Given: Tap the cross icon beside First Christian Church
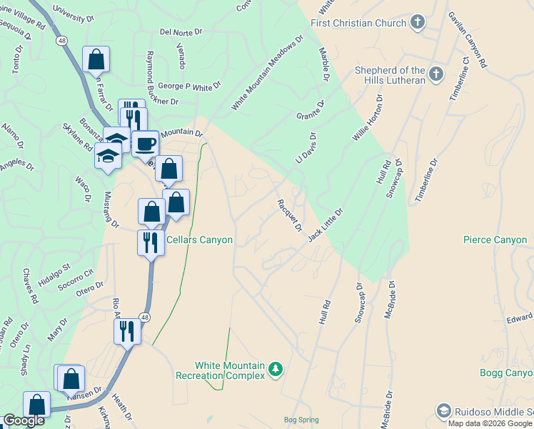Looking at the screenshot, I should point(417,23).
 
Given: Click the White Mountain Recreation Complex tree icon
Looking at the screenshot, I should point(276,370).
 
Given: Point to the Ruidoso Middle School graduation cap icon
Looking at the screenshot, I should point(443,411).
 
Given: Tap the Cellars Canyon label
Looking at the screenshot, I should point(199,240).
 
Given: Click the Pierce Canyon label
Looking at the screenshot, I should point(495,240).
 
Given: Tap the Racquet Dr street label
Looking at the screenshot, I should point(289,214).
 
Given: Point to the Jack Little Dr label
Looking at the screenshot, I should point(326,225).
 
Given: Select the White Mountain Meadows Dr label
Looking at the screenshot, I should point(267,74).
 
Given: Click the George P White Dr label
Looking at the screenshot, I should point(189,86).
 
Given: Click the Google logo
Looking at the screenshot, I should point(24,420).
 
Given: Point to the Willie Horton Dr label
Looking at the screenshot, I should point(368,118).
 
